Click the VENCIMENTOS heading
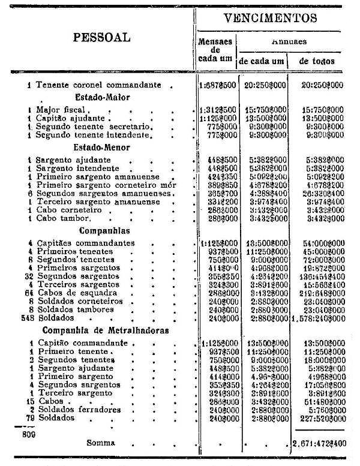(x=270, y=18)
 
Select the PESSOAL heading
(x=101, y=37)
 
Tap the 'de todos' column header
(x=317, y=61)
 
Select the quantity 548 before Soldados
(x=25, y=317)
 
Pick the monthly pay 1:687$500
(x=217, y=85)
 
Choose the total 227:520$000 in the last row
(x=318, y=417)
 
